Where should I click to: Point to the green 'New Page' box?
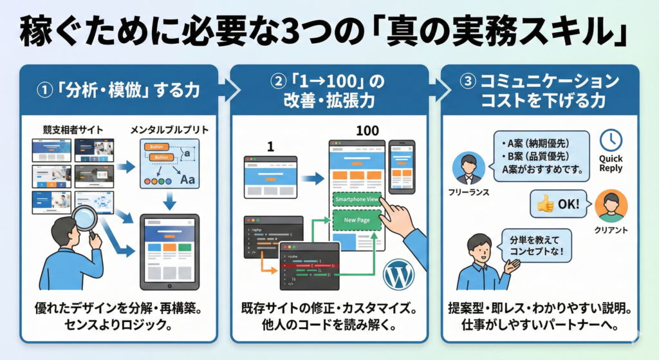pyautogui.click(x=355, y=220)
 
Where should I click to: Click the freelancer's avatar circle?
pyautogui.click(x=468, y=169)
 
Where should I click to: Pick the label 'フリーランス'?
pyautogui.click(x=468, y=191)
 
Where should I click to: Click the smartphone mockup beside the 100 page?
pyautogui.click(x=402, y=166)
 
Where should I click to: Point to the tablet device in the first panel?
pyautogui.click(x=169, y=252)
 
